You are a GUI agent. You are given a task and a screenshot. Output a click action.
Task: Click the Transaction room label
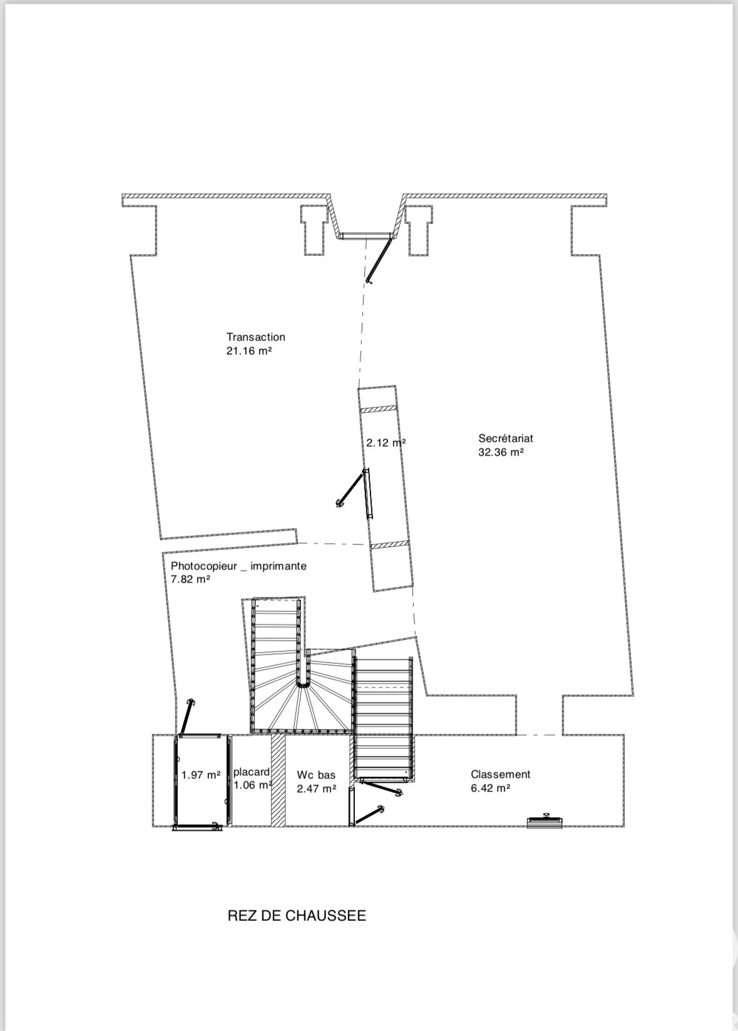pyautogui.click(x=255, y=337)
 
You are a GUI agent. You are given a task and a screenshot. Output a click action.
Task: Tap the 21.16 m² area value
pyautogui.click(x=249, y=351)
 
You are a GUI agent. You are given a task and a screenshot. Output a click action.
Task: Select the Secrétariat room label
pyautogui.click(x=506, y=438)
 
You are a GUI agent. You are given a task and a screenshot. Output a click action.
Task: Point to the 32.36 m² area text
pyautogui.click(x=501, y=452)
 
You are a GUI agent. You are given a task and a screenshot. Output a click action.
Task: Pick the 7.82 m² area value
pyautogui.click(x=190, y=579)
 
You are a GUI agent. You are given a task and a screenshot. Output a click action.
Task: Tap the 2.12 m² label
pyautogui.click(x=386, y=443)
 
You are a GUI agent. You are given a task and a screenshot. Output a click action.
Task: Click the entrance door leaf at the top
pyautogui.click(x=379, y=258)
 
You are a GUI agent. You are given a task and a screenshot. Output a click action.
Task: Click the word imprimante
pyautogui.click(x=279, y=566)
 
